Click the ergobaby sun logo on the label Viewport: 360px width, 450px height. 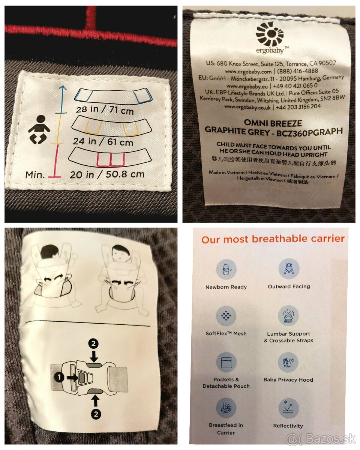coord(269,34)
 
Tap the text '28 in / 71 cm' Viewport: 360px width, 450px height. coord(105,110)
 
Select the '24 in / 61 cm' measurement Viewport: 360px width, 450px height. coord(103,142)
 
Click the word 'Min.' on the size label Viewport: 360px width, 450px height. coord(35,175)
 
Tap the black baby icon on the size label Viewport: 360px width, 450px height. coord(39,129)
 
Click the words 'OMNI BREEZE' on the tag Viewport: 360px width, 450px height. coord(273,123)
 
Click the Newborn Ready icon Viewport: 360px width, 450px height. coord(226,270)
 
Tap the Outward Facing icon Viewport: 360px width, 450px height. coord(289,269)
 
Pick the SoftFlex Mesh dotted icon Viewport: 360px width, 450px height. coord(226,316)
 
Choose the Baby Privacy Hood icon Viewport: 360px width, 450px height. coord(288,363)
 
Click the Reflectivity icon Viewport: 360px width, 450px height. coord(289,408)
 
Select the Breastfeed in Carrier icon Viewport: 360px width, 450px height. coord(226,408)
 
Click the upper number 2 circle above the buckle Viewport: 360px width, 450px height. coord(93,343)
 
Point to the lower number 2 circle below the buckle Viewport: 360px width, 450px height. coord(96,414)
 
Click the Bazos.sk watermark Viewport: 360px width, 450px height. coord(321,439)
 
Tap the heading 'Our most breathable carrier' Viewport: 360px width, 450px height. coord(273,239)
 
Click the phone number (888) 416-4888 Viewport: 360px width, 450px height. coord(297,71)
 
